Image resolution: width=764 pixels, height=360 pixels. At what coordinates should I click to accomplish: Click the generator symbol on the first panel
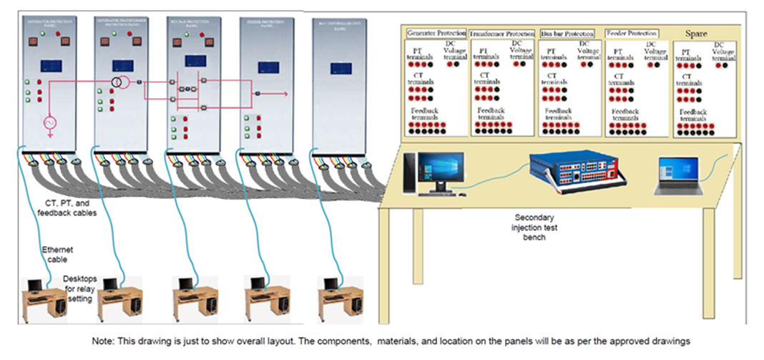tap(50, 124)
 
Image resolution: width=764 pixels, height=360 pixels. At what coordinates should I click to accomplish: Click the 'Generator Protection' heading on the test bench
tap(436, 34)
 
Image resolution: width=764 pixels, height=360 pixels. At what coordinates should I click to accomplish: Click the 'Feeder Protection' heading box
tap(632, 33)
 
